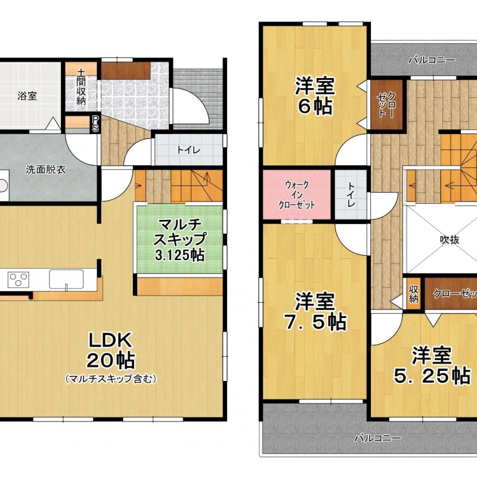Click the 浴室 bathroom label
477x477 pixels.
(27, 96)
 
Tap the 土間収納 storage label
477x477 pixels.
(81, 87)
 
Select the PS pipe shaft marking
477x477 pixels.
(95, 123)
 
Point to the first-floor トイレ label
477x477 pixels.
(189, 150)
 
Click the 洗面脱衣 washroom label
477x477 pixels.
(46, 169)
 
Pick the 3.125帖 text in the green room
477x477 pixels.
(179, 255)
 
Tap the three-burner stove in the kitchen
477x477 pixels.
(19, 279)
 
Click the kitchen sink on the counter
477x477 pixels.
(66, 279)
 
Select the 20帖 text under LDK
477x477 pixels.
(111, 361)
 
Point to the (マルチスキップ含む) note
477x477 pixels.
(111, 379)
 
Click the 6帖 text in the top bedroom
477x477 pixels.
(315, 106)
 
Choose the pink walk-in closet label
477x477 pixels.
(297, 195)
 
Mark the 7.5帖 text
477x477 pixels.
(315, 321)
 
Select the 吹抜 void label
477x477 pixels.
(450, 240)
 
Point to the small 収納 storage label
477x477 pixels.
(414, 294)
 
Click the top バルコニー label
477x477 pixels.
(432, 60)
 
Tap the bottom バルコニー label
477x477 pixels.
(377, 438)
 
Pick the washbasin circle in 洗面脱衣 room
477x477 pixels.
(2, 186)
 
